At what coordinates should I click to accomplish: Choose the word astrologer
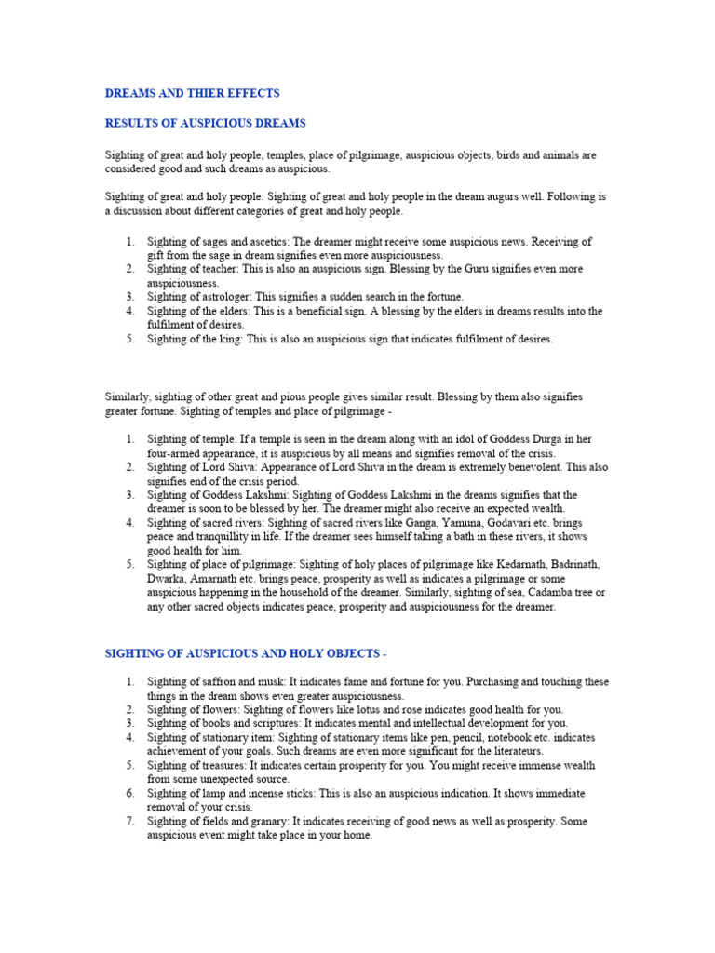point(224,297)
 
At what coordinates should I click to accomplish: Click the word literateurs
point(509,752)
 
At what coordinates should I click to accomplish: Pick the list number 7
point(129,822)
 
